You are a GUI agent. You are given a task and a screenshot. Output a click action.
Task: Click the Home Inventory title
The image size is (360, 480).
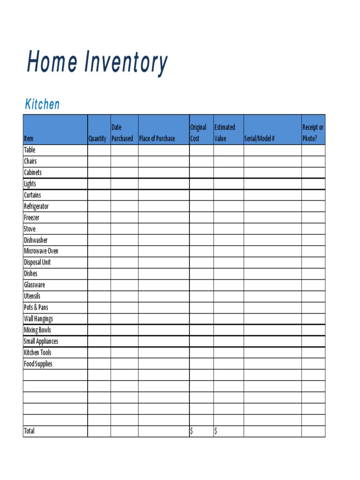coord(97,62)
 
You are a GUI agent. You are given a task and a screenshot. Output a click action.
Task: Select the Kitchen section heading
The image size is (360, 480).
coord(42,104)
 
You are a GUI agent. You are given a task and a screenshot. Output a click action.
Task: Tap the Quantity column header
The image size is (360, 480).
coord(97,139)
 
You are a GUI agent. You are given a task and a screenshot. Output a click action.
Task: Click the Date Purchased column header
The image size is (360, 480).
coord(122,133)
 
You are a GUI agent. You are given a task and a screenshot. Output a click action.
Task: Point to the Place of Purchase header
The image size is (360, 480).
coord(157,139)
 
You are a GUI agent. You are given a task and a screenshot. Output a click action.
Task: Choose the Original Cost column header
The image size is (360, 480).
coord(198,133)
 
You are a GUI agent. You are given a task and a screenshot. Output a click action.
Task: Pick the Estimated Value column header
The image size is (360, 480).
coord(225,133)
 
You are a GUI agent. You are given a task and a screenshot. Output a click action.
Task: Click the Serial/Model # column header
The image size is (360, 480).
coord(259,139)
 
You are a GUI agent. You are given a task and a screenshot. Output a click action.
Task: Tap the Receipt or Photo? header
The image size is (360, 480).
coord(313,133)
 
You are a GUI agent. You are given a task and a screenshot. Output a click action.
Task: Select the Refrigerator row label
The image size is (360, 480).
coord(36,206)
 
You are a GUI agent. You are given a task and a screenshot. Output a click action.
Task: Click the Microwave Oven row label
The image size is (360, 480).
coord(41,251)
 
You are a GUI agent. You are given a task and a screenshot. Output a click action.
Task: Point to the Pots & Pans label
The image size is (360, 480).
coord(36,307)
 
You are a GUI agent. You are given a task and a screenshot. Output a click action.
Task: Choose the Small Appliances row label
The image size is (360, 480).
coord(41,341)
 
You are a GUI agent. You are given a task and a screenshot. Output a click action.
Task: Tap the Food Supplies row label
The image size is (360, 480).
coord(38,364)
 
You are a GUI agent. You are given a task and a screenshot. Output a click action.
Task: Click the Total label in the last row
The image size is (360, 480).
coord(29,431)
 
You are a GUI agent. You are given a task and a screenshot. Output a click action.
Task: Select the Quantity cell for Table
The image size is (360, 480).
coord(99,150)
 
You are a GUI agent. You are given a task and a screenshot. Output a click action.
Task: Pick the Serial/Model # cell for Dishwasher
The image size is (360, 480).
coord(272,240)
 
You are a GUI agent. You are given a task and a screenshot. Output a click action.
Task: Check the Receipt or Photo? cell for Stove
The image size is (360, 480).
coord(313,229)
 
